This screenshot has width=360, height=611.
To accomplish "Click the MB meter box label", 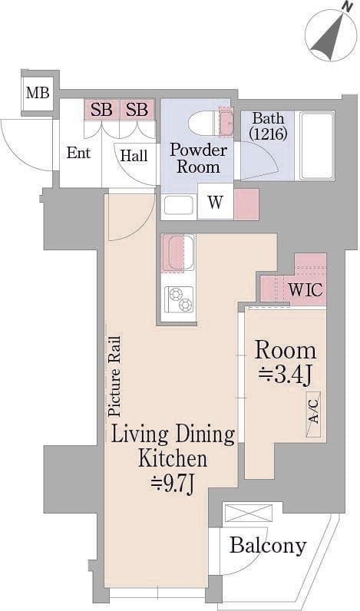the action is [x=38, y=93].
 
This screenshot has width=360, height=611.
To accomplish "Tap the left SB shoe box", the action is [x=101, y=110].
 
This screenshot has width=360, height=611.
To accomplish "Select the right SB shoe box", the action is [x=137, y=110].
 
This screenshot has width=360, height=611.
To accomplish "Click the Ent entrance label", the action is [x=78, y=153].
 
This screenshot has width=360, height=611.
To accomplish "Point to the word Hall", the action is [x=134, y=156].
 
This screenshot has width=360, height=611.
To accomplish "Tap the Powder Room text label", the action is [x=198, y=158].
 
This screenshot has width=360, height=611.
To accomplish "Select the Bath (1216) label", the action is [x=268, y=125].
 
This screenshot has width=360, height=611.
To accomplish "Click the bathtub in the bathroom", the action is [x=317, y=145].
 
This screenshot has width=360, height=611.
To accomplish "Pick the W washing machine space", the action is [x=216, y=202].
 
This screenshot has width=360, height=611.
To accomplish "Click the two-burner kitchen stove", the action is [x=179, y=299].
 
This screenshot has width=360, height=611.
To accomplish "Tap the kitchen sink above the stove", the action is [x=178, y=253].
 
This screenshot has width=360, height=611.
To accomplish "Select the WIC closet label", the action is [x=306, y=290].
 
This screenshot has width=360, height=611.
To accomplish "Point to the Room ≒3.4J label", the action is [x=286, y=362].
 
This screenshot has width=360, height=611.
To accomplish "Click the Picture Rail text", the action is [x=114, y=376].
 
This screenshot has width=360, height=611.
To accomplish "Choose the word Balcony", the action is [x=268, y=546].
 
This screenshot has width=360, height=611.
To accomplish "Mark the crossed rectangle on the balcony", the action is [x=248, y=513].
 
